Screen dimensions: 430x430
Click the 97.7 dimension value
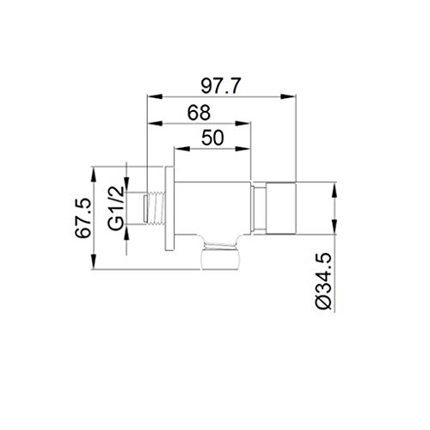pos(219,86)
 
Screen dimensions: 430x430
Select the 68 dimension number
pos(199,113)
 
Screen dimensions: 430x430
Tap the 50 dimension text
pos(212,138)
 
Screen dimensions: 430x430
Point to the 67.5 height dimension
pos(83,218)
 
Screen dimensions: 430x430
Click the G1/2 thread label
pos(116,208)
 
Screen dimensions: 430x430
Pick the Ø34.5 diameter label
pos(324,282)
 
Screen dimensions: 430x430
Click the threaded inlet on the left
pos(155,206)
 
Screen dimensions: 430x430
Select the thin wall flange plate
pos(169,208)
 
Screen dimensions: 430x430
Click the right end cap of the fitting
pos(281,208)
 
